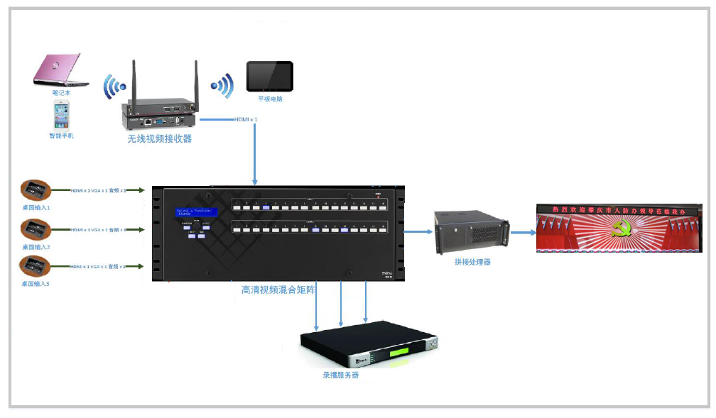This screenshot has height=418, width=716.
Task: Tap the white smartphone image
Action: [61, 114]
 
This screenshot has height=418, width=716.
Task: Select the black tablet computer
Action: [269, 77]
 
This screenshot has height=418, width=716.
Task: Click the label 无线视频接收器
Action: [160, 139]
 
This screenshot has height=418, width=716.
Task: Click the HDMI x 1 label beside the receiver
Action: [246, 119]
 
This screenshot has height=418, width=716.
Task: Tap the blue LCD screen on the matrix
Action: [197, 213]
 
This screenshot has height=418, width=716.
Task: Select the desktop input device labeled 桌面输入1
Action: [34, 189]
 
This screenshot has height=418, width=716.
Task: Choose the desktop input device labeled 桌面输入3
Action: [34, 267]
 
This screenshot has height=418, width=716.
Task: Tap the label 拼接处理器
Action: [472, 262]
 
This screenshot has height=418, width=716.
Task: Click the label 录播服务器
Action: [341, 375]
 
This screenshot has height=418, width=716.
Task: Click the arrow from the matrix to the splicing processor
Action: [419, 231]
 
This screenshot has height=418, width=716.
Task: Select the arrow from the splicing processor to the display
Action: [524, 232]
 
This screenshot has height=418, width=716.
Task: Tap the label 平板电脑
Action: [270, 99]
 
